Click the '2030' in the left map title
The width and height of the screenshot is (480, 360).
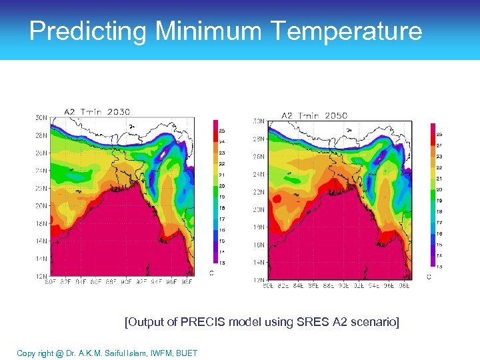point(117,111)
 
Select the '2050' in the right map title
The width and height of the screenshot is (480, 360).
point(335,115)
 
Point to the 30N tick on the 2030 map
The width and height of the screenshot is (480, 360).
point(41,118)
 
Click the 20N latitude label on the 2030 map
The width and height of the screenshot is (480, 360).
point(41,206)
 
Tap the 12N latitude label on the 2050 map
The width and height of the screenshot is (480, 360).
point(257,280)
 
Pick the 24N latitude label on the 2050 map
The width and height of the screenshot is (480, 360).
point(257,175)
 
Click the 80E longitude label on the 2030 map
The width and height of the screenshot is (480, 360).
point(49,282)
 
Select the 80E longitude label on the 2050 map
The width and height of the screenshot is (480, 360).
point(267,286)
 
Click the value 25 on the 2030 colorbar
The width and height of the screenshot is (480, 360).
point(222,131)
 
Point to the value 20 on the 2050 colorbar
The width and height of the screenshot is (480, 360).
point(439,189)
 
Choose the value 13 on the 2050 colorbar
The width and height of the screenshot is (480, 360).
point(439,267)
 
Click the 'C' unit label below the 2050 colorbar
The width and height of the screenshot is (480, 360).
point(429,277)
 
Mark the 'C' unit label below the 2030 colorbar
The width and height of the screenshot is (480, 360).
point(212,273)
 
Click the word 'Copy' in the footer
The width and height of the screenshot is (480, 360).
point(27,353)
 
